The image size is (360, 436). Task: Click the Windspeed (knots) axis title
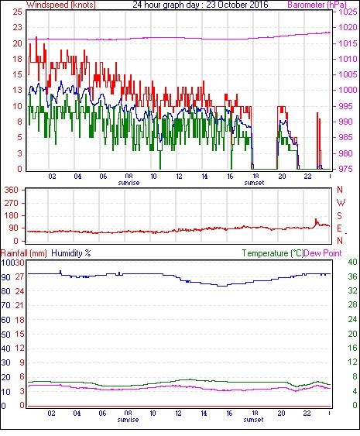(x=61, y=5)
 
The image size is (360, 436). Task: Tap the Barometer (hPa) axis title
(x=317, y=5)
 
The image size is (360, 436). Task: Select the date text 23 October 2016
(x=237, y=5)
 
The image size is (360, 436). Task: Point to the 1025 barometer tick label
(x=348, y=12)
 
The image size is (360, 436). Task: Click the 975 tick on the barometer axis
(x=346, y=169)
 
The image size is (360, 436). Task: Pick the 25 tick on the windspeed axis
(x=18, y=12)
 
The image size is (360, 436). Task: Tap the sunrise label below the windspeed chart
(x=129, y=183)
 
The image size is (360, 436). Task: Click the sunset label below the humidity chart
(x=253, y=419)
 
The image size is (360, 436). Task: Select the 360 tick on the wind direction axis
(x=12, y=191)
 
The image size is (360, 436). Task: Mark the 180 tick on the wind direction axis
(x=12, y=216)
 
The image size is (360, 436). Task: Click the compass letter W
(x=341, y=203)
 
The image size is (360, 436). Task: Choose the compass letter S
(x=340, y=216)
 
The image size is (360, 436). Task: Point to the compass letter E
(x=339, y=228)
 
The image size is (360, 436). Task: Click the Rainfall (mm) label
(x=24, y=253)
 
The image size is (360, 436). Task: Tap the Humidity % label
(x=71, y=253)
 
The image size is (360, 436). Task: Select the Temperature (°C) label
(x=273, y=253)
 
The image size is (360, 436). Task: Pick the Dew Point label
(x=323, y=253)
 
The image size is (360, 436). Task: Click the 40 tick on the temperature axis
(x=352, y=262)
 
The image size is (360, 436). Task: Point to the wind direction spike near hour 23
(x=316, y=221)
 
